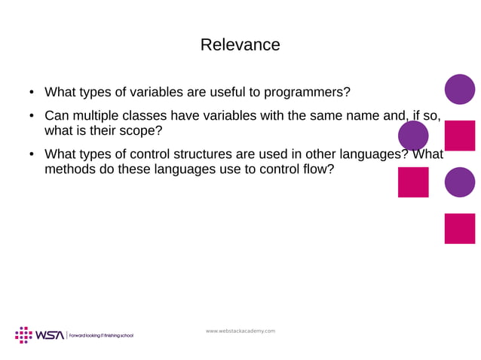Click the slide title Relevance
pos(240,44)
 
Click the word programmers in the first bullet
pos(309,93)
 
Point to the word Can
pos(57,116)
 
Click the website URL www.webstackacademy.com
pos(240,331)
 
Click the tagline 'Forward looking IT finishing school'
pos(101,336)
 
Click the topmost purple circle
pos(459,89)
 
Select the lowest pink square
pos(459,228)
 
